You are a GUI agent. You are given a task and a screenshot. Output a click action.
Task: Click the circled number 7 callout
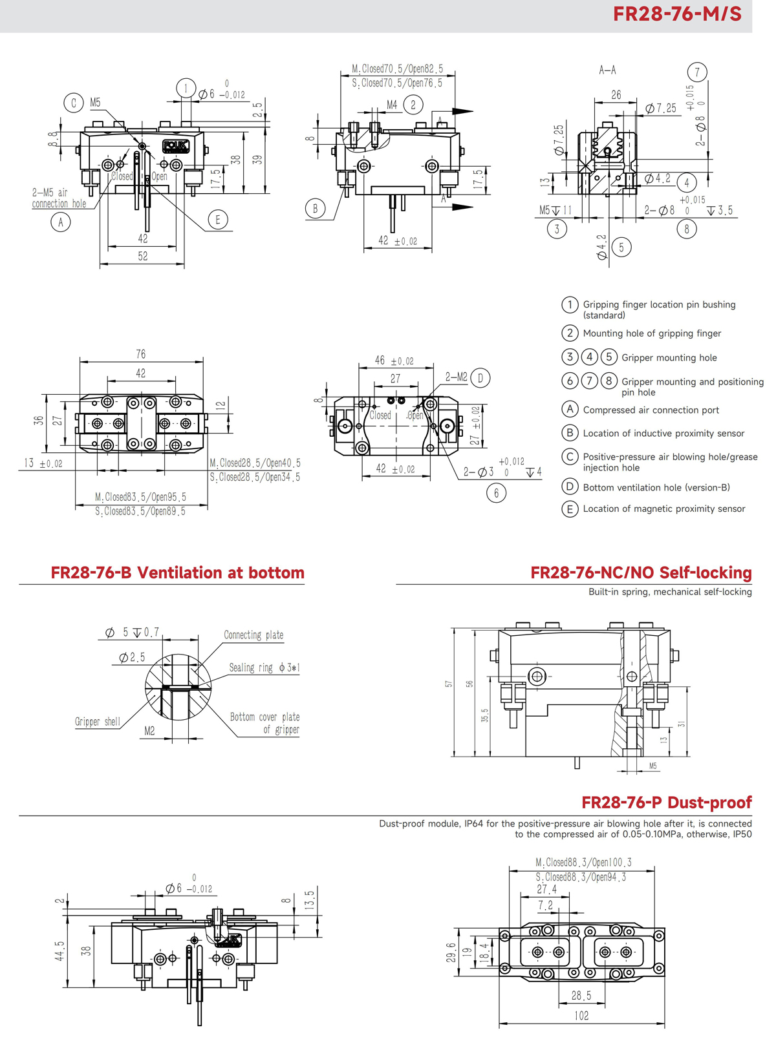pyautogui.click(x=696, y=72)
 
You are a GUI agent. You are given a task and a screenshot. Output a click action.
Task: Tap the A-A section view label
pyautogui.click(x=607, y=70)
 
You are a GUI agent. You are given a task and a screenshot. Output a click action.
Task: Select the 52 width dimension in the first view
pyautogui.click(x=142, y=256)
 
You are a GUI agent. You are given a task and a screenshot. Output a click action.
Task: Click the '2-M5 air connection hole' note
pyautogui.click(x=58, y=198)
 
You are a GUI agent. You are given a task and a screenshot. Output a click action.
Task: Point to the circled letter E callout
pyautogui.click(x=218, y=220)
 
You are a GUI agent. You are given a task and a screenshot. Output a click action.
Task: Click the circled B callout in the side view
pyautogui.click(x=315, y=209)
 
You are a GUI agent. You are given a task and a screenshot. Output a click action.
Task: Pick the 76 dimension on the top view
pyautogui.click(x=141, y=354)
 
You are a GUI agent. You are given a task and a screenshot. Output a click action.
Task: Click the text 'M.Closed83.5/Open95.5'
pyautogui.click(x=140, y=497)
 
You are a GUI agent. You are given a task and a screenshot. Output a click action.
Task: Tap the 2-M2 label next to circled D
pyautogui.click(x=456, y=377)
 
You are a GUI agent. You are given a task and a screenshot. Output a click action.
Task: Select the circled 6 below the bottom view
pyautogui.click(x=496, y=493)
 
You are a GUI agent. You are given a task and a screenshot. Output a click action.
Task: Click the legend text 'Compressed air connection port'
pyautogui.click(x=651, y=410)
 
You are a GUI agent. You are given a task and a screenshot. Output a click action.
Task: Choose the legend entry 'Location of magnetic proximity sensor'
pyautogui.click(x=663, y=509)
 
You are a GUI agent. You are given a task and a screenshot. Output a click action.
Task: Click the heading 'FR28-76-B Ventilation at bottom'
pyautogui.click(x=177, y=573)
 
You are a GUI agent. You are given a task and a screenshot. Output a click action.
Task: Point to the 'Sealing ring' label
pyautogui.click(x=251, y=668)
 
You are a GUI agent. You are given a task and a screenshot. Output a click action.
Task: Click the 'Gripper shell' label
pyautogui.click(x=97, y=721)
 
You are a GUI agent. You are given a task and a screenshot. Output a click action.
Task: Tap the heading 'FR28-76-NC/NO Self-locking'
pyautogui.click(x=640, y=573)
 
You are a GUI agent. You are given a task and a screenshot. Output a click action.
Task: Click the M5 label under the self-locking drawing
pyautogui.click(x=652, y=766)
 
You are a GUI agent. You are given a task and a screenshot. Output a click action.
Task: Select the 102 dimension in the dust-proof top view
pyautogui.click(x=581, y=1016)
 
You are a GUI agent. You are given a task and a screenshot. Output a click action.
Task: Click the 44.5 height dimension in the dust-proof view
pyautogui.click(x=59, y=951)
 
